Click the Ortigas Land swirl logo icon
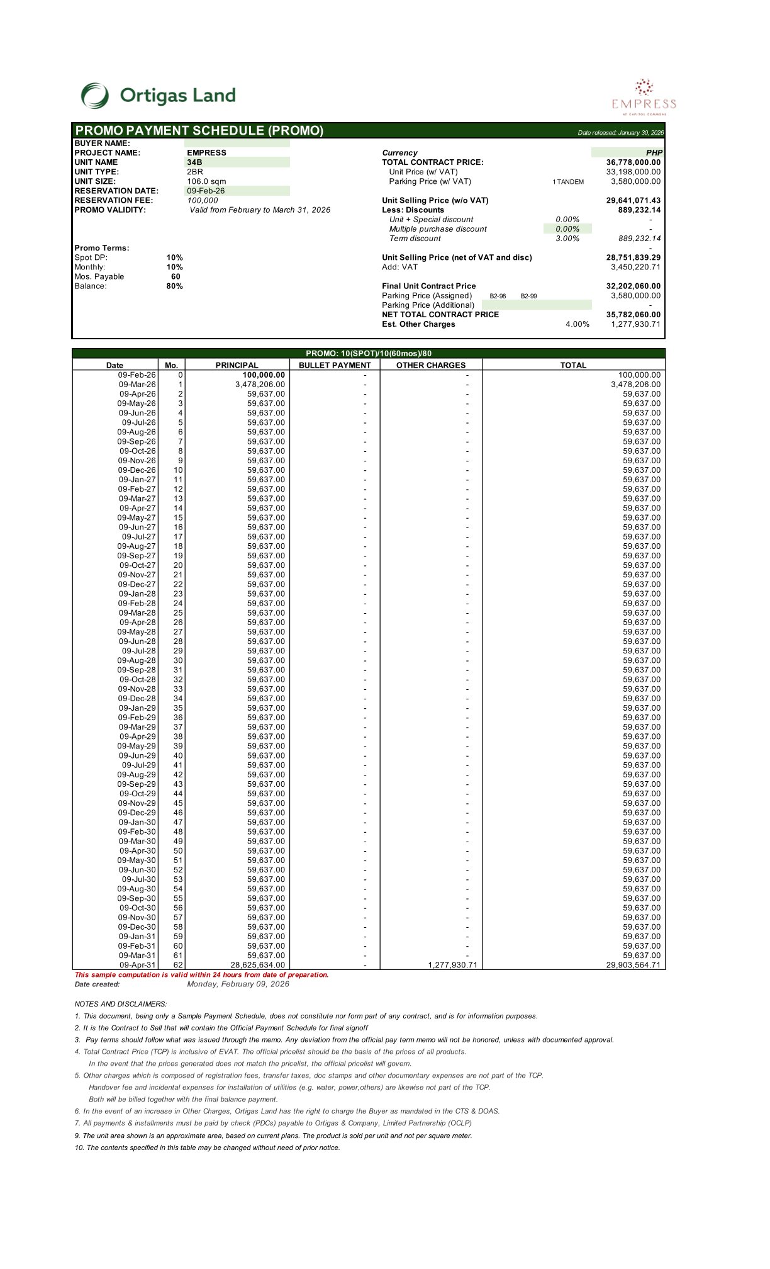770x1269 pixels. point(95,96)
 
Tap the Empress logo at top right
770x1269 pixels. point(644,97)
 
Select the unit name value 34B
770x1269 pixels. point(195,162)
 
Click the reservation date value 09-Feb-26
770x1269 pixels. point(206,191)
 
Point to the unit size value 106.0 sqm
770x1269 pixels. point(206,181)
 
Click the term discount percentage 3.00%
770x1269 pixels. point(567,239)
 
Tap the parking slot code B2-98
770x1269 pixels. point(498,296)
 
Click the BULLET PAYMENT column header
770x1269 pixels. point(335,365)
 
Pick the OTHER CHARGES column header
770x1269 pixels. point(431,365)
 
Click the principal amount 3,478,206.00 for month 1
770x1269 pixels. point(260,385)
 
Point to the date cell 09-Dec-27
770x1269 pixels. point(137,584)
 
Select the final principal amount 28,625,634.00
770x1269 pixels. point(257,965)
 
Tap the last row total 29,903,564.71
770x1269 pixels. point(633,965)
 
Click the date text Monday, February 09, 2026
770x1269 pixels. point(238,984)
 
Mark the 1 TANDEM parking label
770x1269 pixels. point(568,182)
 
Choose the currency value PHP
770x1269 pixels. point(654,153)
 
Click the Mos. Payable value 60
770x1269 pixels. point(176,277)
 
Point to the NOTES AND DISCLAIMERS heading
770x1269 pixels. point(121,1004)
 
